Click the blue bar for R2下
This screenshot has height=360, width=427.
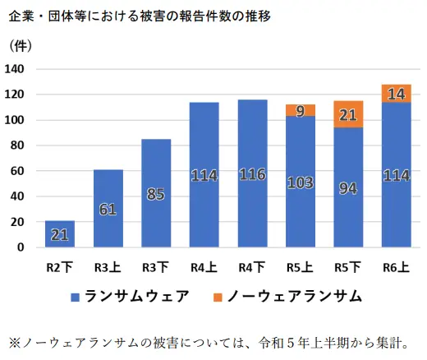click(x=59, y=233)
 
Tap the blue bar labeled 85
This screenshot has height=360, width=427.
click(x=156, y=193)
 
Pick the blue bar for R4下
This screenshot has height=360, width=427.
click(x=252, y=173)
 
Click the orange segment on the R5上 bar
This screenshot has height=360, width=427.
click(x=301, y=110)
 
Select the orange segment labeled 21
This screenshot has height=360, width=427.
click(x=349, y=114)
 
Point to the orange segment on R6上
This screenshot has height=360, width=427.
click(x=397, y=93)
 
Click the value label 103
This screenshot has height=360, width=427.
click(x=301, y=182)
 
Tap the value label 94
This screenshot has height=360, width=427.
click(x=349, y=188)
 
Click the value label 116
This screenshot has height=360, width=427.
click(x=252, y=174)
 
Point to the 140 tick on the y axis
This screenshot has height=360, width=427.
click(x=16, y=69)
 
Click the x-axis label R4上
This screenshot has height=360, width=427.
click(x=204, y=266)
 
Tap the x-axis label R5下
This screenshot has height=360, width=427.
click(x=349, y=266)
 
